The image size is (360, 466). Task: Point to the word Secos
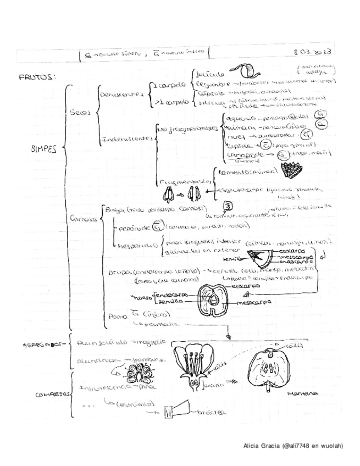click(x=81, y=112)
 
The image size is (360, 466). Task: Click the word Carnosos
click(x=84, y=218)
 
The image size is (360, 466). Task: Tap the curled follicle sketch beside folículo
click(x=241, y=71)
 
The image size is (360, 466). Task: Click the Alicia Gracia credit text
click(x=293, y=446)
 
